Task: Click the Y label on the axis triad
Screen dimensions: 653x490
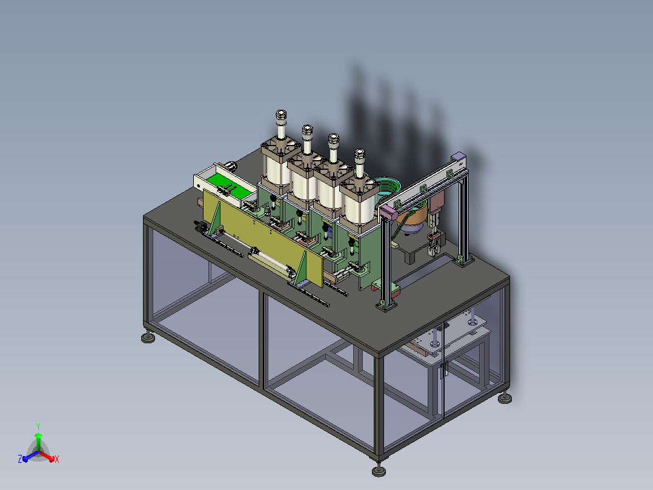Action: click(38, 427)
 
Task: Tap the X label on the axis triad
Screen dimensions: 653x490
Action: click(57, 459)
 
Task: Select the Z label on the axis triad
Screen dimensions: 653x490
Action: click(20, 458)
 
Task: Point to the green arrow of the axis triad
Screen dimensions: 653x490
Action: click(38, 442)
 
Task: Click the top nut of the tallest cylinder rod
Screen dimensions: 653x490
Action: click(281, 115)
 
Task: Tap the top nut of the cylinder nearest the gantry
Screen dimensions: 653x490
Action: click(359, 154)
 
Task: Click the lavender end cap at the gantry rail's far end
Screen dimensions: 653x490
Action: click(458, 157)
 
